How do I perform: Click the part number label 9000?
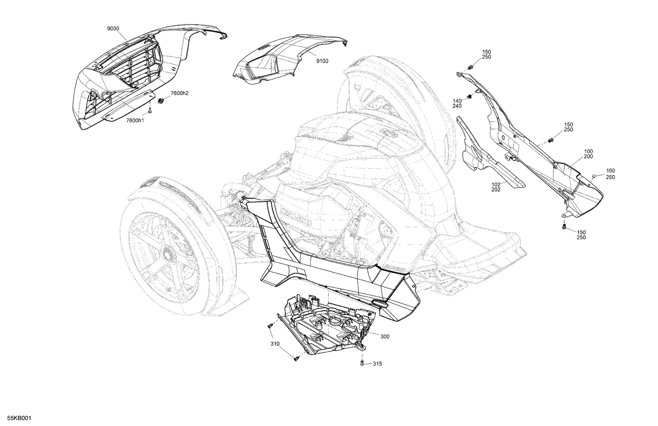click(x=113, y=28)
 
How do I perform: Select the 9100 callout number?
click(x=322, y=61)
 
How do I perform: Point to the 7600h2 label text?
click(x=179, y=93)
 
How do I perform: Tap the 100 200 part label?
click(x=588, y=154)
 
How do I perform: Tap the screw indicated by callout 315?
click(x=362, y=363)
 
